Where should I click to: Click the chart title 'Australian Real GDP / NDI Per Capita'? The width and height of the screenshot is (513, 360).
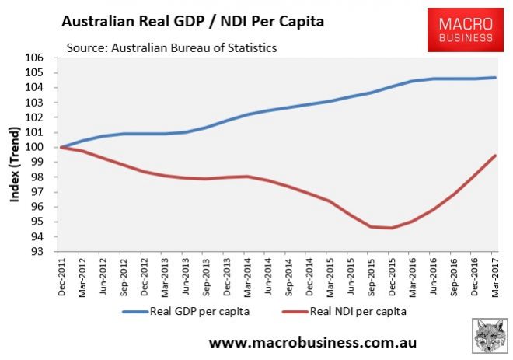(192, 23)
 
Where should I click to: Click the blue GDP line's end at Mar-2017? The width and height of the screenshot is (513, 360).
(496, 78)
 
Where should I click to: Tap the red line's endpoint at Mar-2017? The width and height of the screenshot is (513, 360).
(496, 156)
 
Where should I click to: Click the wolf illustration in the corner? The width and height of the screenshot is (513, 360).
(488, 335)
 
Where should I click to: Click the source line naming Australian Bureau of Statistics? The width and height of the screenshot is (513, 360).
(172, 48)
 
